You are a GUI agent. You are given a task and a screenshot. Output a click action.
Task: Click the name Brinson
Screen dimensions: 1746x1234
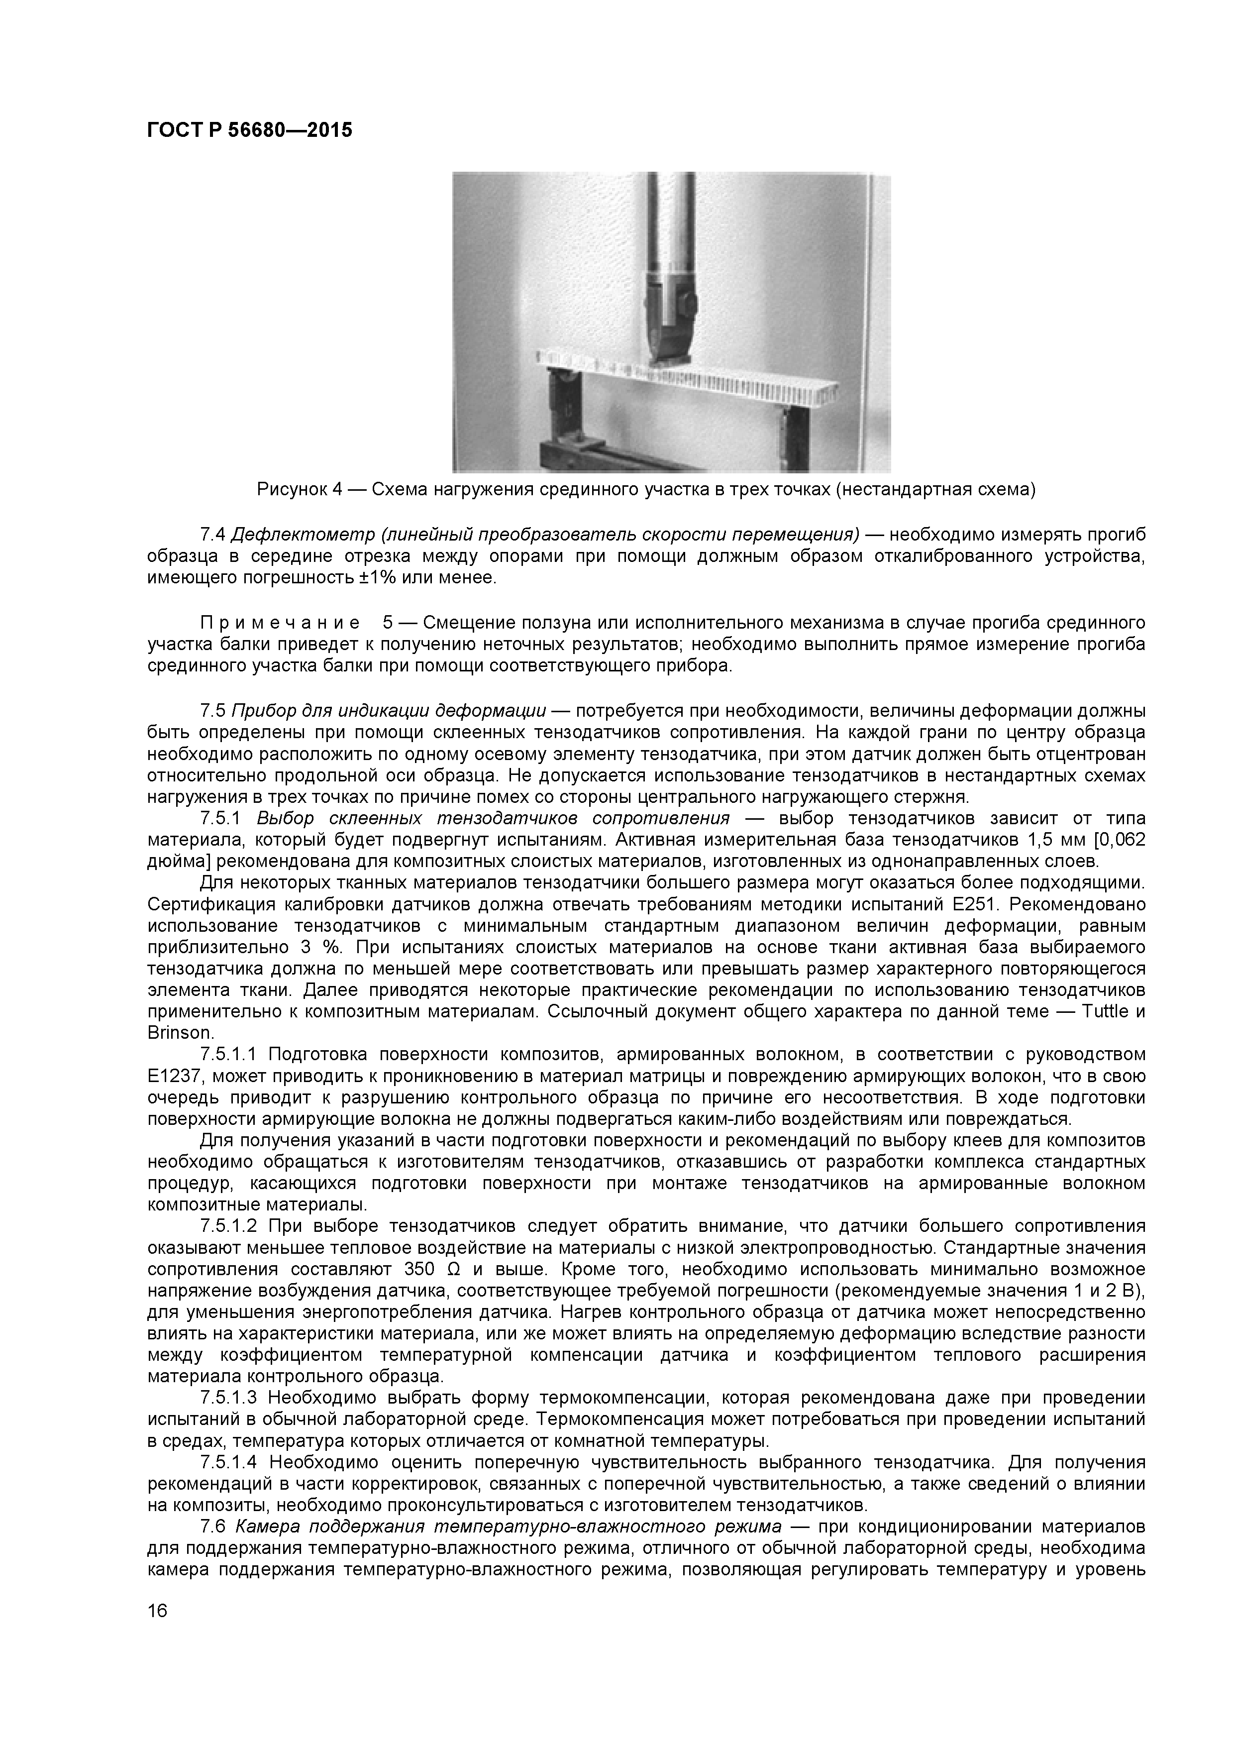180,1033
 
